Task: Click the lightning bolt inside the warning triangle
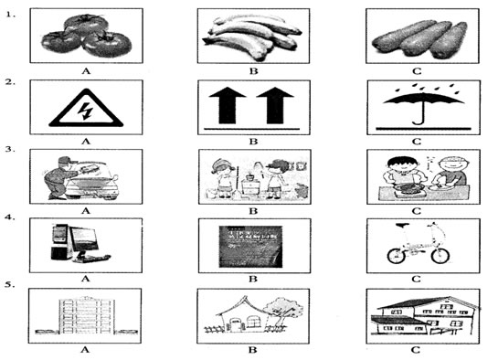click(86, 111)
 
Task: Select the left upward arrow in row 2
click(228, 105)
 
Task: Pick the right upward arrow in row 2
click(275, 105)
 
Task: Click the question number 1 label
click(11, 15)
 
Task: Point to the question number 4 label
click(10, 217)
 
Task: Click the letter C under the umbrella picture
click(417, 142)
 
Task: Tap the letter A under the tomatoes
click(86, 71)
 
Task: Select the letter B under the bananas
click(253, 71)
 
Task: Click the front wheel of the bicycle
click(440, 255)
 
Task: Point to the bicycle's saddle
click(402, 225)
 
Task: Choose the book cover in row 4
click(250, 247)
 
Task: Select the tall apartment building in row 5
click(86, 315)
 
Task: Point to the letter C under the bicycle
click(416, 279)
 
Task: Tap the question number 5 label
click(10, 284)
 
